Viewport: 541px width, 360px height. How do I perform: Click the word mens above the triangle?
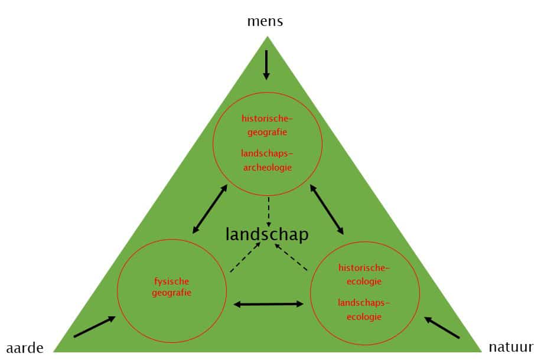pyautogui.click(x=266, y=22)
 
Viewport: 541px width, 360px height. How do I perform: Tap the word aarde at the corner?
pyautogui.click(x=25, y=348)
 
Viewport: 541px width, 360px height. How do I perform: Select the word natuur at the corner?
pyautogui.click(x=511, y=346)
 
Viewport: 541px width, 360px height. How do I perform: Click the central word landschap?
pyautogui.click(x=267, y=234)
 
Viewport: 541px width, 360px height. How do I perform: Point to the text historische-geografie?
pyautogui.click(x=267, y=125)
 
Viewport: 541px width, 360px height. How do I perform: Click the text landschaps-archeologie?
pyautogui.click(x=267, y=160)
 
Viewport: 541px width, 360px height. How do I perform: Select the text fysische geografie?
pyautogui.click(x=172, y=286)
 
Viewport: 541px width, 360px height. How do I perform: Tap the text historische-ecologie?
pyautogui.click(x=364, y=274)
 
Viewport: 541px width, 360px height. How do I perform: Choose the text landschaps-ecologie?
pyautogui.click(x=364, y=309)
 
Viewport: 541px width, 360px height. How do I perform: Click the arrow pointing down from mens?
pyautogui.click(x=266, y=65)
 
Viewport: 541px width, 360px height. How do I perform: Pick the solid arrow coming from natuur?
pyautogui.click(x=442, y=328)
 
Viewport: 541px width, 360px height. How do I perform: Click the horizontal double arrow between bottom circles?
pyautogui.click(x=269, y=304)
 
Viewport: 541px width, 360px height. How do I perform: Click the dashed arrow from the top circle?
pyautogui.click(x=269, y=212)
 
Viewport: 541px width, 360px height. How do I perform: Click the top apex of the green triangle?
pyautogui.click(x=268, y=38)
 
